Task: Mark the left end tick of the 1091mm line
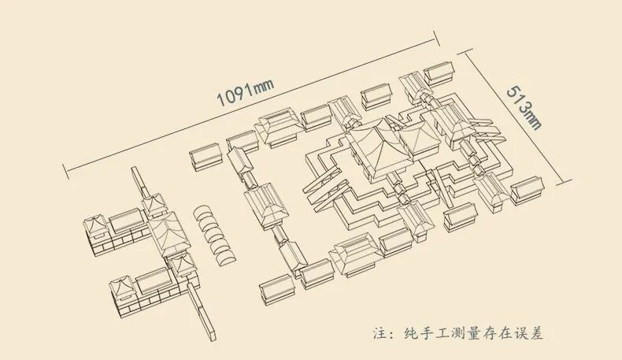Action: coord(65,168)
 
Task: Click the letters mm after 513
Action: coord(533,121)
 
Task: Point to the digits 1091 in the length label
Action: coord(233,96)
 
